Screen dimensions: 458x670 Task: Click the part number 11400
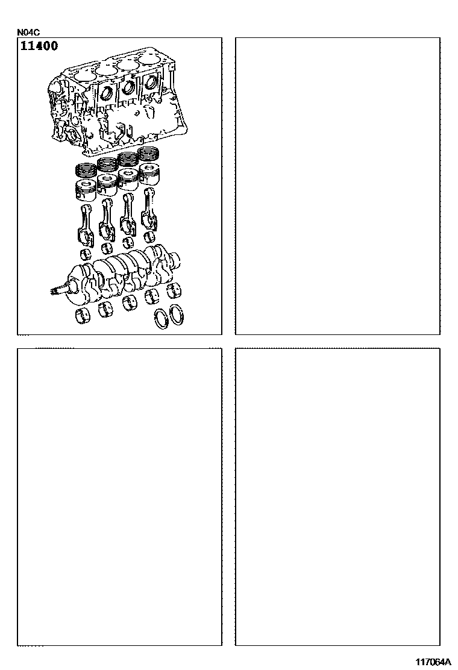pos(39,46)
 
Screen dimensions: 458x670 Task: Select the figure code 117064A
pos(434,662)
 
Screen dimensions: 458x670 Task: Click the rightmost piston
pos(151,173)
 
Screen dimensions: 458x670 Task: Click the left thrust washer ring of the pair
pos(162,318)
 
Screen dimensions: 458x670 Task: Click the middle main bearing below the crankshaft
pos(129,303)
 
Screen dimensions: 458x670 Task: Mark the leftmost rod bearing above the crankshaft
pos(86,254)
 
